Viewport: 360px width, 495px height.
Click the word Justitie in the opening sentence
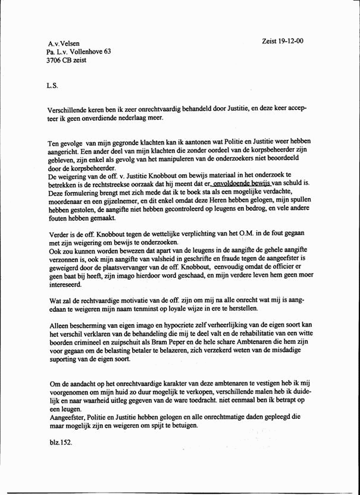pyautogui.click(x=233, y=111)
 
